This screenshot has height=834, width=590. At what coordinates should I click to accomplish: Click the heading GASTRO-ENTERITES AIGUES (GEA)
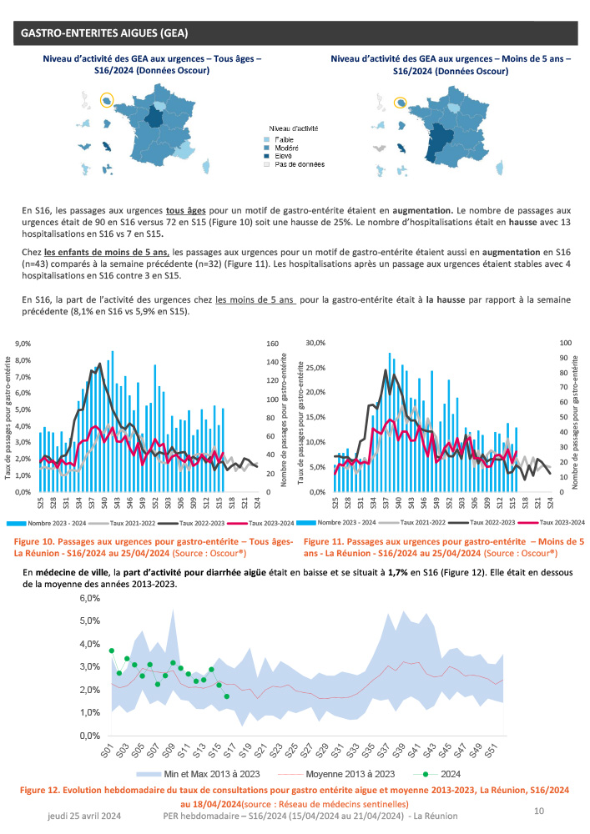tap(104, 33)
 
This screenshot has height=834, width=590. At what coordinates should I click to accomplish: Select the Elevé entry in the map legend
tap(280, 156)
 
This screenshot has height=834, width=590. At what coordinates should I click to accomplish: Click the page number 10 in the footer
tap(538, 810)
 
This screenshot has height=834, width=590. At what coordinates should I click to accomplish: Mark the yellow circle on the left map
tap(107, 101)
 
